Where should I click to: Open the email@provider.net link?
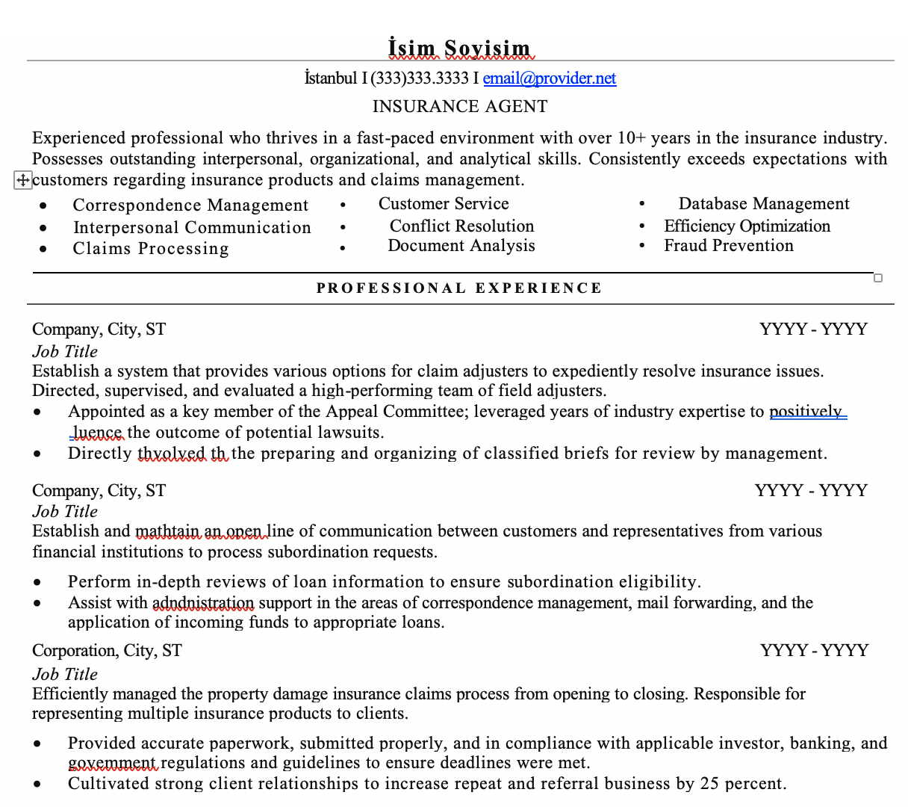click(x=550, y=78)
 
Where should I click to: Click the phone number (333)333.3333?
click(x=420, y=78)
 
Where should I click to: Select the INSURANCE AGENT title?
click(x=460, y=107)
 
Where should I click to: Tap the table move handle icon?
click(x=22, y=179)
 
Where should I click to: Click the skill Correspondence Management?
click(x=190, y=205)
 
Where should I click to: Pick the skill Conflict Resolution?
click(x=461, y=226)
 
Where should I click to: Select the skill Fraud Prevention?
click(x=729, y=246)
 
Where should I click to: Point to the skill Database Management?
click(x=764, y=204)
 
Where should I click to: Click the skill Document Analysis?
click(x=461, y=246)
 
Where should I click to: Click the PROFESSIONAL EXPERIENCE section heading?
click(x=459, y=288)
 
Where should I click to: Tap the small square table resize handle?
click(x=878, y=278)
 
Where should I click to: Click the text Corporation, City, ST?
click(x=107, y=651)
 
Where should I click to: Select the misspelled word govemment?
click(x=112, y=763)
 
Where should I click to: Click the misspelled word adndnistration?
click(x=203, y=603)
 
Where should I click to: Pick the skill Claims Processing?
click(x=151, y=249)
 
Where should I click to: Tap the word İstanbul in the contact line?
click(x=331, y=78)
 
